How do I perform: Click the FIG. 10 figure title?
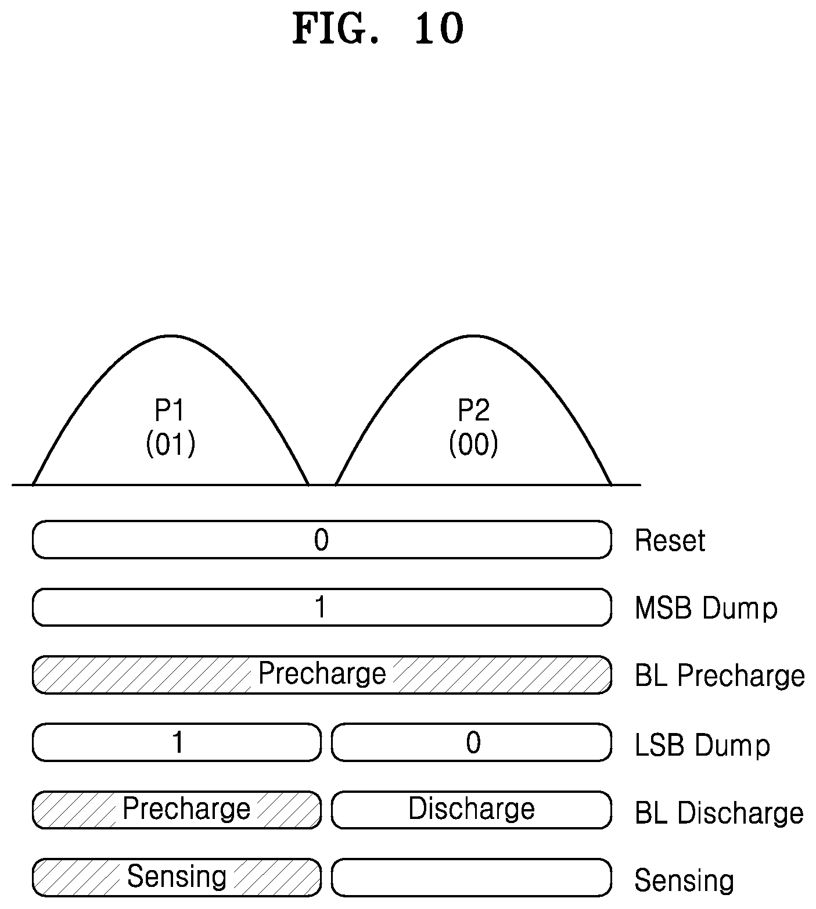378,28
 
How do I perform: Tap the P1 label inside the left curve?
170,411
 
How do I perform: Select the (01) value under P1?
170,445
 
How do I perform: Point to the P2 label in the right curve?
473,411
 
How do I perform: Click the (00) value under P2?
473,445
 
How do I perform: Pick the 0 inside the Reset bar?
321,540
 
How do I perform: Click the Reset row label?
670,541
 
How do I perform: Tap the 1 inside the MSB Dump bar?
320,608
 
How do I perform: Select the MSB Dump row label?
706,608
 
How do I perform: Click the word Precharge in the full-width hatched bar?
322,674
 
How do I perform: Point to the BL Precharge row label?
720,676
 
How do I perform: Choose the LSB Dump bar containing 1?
177,742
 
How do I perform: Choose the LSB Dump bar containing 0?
472,742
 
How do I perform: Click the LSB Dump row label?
702,745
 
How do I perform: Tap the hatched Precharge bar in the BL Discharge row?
177,810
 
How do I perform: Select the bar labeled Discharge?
472,810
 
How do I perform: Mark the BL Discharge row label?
719,813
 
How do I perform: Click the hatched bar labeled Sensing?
177,877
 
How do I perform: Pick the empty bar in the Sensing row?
472,877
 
